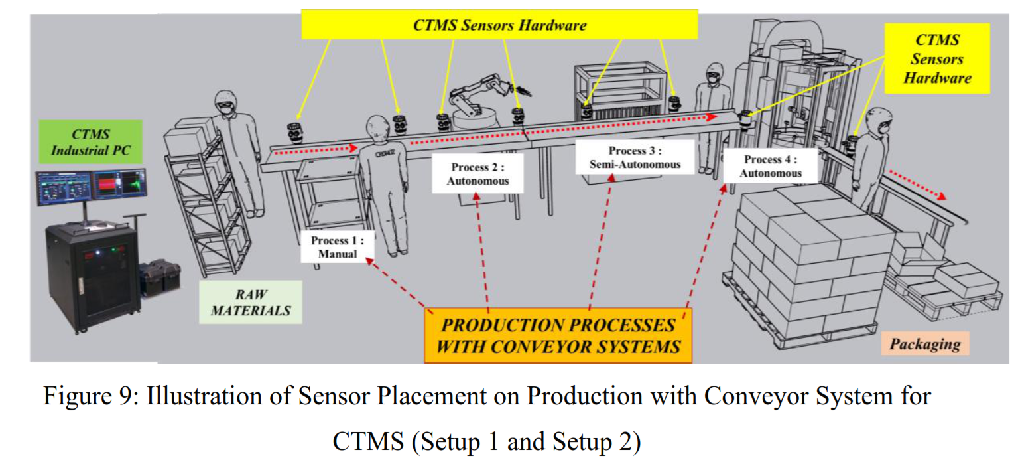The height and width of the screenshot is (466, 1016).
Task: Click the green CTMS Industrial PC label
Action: point(91,141)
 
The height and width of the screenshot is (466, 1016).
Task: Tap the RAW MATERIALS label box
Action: point(251,301)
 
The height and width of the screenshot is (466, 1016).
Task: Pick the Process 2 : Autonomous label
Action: point(477,173)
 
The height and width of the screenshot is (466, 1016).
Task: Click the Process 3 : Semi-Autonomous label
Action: point(635,157)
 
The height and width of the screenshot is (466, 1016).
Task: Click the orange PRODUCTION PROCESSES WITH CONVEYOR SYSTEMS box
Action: point(558,335)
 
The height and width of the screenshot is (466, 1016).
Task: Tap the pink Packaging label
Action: point(924,344)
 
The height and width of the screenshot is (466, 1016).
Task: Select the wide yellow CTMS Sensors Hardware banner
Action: point(499,25)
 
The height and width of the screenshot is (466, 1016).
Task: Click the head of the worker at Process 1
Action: point(378,127)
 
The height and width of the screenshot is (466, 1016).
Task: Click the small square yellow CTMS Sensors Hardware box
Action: point(936,58)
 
